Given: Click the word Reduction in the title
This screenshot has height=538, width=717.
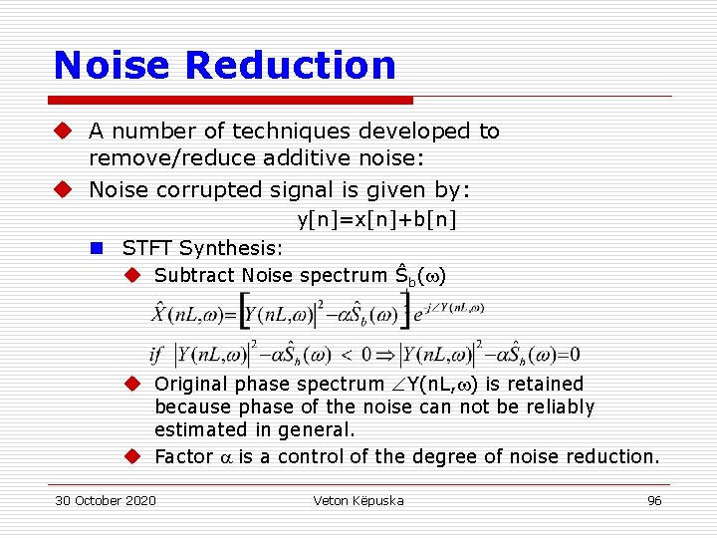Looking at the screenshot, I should point(291,66).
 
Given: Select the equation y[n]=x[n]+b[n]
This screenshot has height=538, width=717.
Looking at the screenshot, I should point(377,219).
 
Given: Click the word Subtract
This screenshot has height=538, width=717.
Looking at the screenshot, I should point(194,275).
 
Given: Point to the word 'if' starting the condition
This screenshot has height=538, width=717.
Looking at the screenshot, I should point(156,355).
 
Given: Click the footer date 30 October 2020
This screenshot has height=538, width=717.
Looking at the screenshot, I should point(106,500).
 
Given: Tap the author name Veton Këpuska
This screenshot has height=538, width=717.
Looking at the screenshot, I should point(358,500).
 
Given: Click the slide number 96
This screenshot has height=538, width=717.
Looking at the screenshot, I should point(654,500).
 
